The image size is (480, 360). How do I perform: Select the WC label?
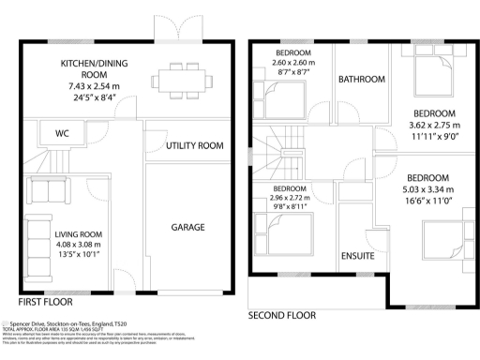click(62, 133)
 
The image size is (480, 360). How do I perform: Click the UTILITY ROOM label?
click(194, 145)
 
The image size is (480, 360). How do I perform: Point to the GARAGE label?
click(187, 227)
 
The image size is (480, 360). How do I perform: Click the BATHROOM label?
click(362, 80)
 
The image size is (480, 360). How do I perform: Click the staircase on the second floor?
click(286, 155)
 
